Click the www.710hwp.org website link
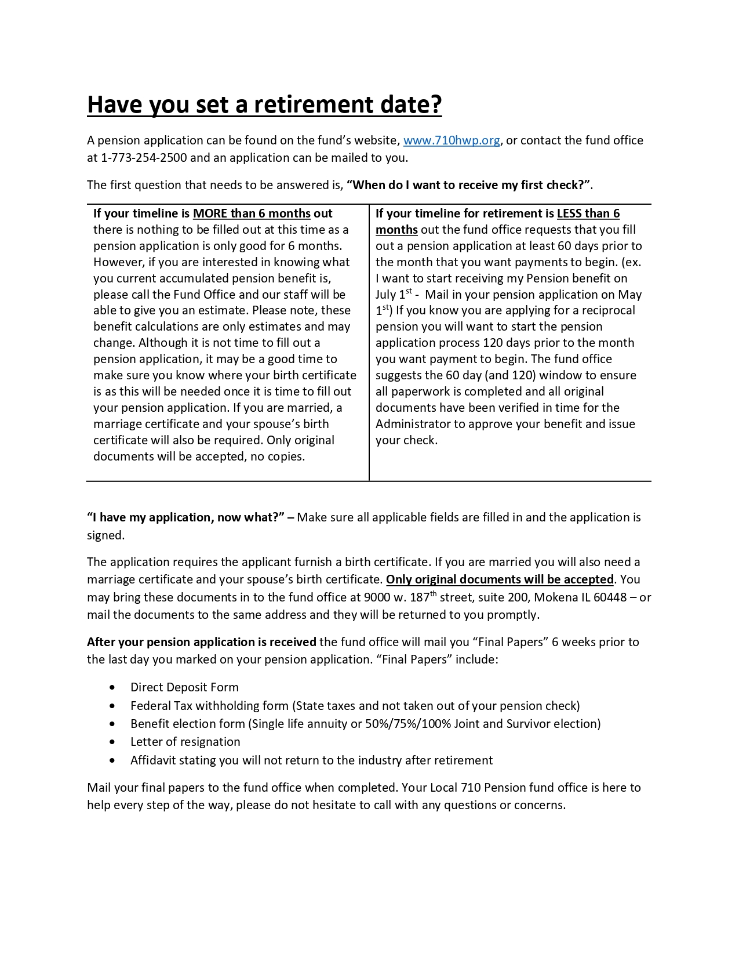coord(451,140)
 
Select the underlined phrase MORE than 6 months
coord(252,213)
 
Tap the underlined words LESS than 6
coord(588,213)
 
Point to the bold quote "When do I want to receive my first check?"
coord(469,185)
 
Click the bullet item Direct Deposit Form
coord(184,687)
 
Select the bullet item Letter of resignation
coord(185,742)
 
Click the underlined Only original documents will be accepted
coord(500,579)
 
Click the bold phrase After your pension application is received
coord(201,642)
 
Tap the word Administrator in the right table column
coord(413,424)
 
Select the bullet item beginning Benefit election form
coord(365,724)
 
